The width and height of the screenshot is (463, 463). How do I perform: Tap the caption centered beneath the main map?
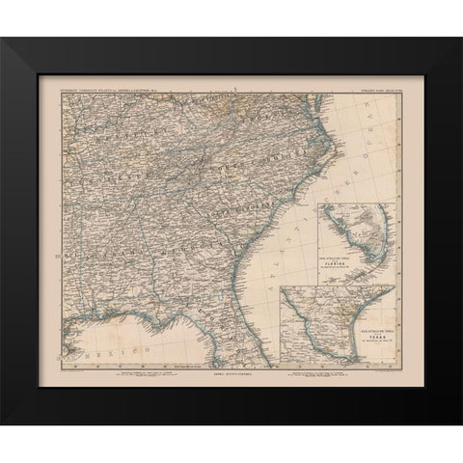231,364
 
